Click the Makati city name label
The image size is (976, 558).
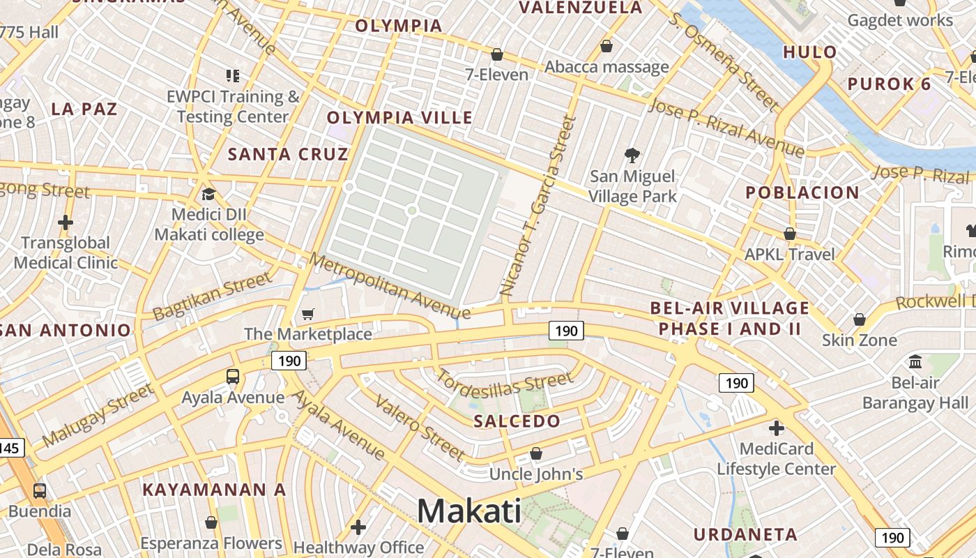[x=468, y=511]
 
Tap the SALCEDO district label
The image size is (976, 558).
[x=517, y=421]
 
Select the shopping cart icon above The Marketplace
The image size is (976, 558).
[x=307, y=315]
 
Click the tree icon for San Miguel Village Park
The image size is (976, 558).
[x=632, y=155]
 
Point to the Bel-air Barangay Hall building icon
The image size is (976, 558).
[x=915, y=362]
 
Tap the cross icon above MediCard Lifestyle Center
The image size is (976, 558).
[x=777, y=428]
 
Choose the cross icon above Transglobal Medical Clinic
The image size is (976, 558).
[x=66, y=223]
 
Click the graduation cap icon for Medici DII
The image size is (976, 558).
[x=208, y=194]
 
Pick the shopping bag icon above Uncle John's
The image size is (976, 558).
[x=535, y=454]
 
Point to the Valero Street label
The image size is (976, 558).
[x=420, y=428]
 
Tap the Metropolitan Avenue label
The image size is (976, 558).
[x=390, y=286]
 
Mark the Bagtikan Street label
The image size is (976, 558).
[x=212, y=296]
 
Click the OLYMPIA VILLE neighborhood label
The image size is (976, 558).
[x=400, y=117]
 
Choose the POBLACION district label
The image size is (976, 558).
[x=802, y=193]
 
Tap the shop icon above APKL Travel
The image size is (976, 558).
[x=790, y=234]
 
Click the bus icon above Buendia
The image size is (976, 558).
[x=40, y=490]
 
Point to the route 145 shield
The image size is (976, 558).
[x=10, y=447]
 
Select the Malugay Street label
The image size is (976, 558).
[x=98, y=415]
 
